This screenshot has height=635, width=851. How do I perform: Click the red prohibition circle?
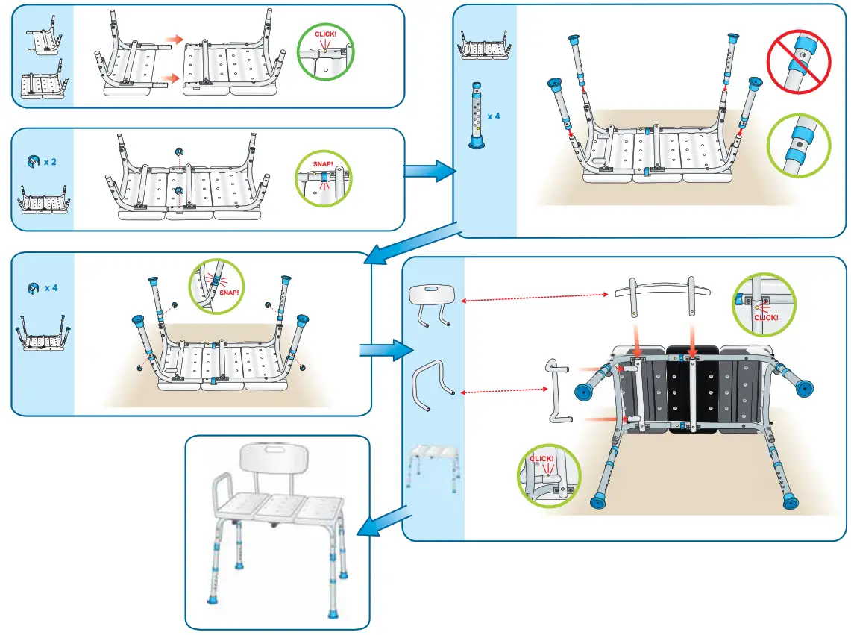pyautogui.click(x=798, y=61)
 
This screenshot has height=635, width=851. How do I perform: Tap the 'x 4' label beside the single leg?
pyautogui.click(x=493, y=116)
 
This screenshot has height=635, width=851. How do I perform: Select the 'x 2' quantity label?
pyautogui.click(x=50, y=162)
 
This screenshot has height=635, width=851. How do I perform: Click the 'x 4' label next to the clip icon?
pyautogui.click(x=51, y=288)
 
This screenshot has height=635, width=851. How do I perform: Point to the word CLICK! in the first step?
pyautogui.click(x=326, y=34)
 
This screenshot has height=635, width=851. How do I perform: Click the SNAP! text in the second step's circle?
pyautogui.click(x=323, y=164)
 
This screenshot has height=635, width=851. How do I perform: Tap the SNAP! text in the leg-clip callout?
pyautogui.click(x=229, y=293)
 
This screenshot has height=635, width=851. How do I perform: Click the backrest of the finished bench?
pyautogui.click(x=274, y=458)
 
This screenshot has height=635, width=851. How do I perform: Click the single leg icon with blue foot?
pyautogui.click(x=477, y=115)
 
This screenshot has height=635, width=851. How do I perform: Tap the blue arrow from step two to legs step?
pyautogui.click(x=430, y=171)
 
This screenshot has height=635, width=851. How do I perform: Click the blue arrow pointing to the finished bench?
pyautogui.click(x=382, y=522)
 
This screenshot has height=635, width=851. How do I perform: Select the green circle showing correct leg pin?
pyautogui.click(x=798, y=146)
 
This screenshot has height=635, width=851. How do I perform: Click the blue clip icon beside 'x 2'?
pyautogui.click(x=33, y=161)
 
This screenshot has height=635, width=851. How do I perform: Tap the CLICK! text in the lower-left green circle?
pyautogui.click(x=541, y=459)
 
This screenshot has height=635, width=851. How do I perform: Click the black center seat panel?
pyautogui.click(x=692, y=389)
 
